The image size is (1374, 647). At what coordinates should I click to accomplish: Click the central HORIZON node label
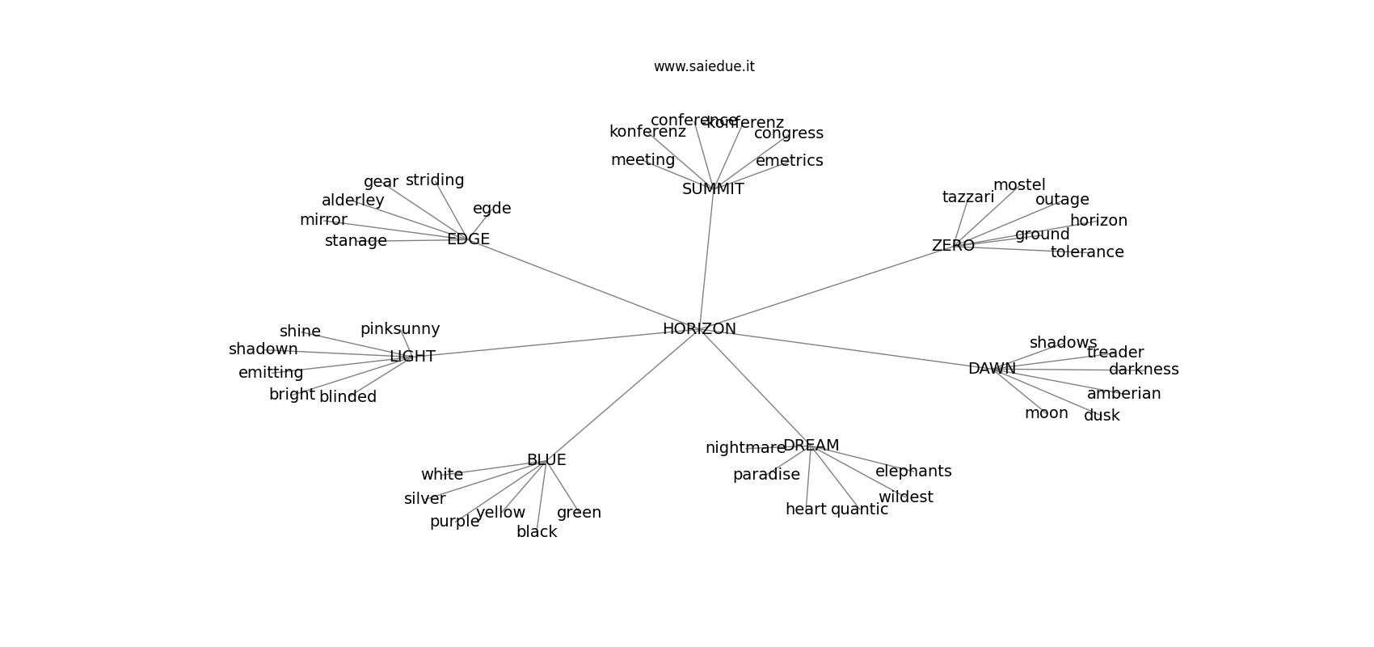(699, 329)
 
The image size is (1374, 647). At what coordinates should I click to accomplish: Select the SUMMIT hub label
(713, 189)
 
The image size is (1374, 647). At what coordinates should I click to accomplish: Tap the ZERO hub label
(953, 246)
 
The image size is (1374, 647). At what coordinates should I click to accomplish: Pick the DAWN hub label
(992, 369)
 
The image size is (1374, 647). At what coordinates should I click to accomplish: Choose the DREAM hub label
(811, 446)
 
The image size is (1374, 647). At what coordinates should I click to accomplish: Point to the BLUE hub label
(546, 460)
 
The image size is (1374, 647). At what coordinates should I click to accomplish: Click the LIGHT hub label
(412, 357)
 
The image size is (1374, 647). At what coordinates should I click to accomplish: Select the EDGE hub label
(468, 239)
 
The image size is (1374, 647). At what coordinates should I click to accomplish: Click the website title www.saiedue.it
(704, 66)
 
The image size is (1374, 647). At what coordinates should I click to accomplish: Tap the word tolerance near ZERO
(1087, 252)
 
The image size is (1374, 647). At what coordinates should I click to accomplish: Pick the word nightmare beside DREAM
(745, 448)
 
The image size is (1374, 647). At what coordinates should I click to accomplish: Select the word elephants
(913, 472)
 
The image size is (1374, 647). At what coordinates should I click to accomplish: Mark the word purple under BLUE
(454, 522)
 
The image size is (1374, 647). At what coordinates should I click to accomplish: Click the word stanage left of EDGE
(356, 241)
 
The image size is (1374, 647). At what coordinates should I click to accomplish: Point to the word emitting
(271, 373)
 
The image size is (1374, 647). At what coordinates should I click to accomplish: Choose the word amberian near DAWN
(1123, 394)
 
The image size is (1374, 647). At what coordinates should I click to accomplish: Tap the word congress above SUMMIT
(788, 133)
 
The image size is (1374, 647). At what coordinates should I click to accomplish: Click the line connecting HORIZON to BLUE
(622, 394)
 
